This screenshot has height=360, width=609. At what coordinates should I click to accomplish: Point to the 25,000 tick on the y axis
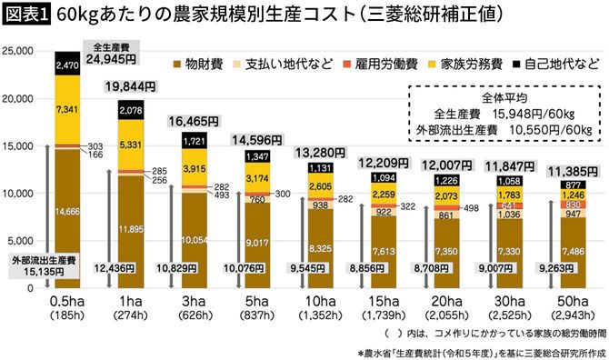[20, 50]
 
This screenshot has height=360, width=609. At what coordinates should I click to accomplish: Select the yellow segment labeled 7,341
[67, 109]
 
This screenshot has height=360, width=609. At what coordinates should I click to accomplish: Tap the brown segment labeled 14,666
[67, 212]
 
